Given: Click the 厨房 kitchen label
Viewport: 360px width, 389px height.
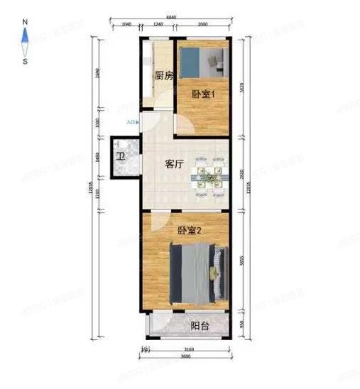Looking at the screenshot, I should (164, 76).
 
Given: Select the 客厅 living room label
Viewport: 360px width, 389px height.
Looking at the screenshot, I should (175, 164).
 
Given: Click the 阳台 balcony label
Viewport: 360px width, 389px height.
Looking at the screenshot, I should (200, 327).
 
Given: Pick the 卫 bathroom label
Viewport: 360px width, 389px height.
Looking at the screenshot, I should (121, 155).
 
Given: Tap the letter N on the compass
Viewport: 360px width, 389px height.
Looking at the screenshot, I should (25, 22).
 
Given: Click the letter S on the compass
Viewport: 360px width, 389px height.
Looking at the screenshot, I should (25, 61).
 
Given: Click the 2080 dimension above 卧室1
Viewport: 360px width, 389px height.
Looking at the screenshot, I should (204, 25).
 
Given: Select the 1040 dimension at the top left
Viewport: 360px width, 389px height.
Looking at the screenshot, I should (126, 25).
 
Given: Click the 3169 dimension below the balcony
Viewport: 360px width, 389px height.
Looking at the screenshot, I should (187, 349).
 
